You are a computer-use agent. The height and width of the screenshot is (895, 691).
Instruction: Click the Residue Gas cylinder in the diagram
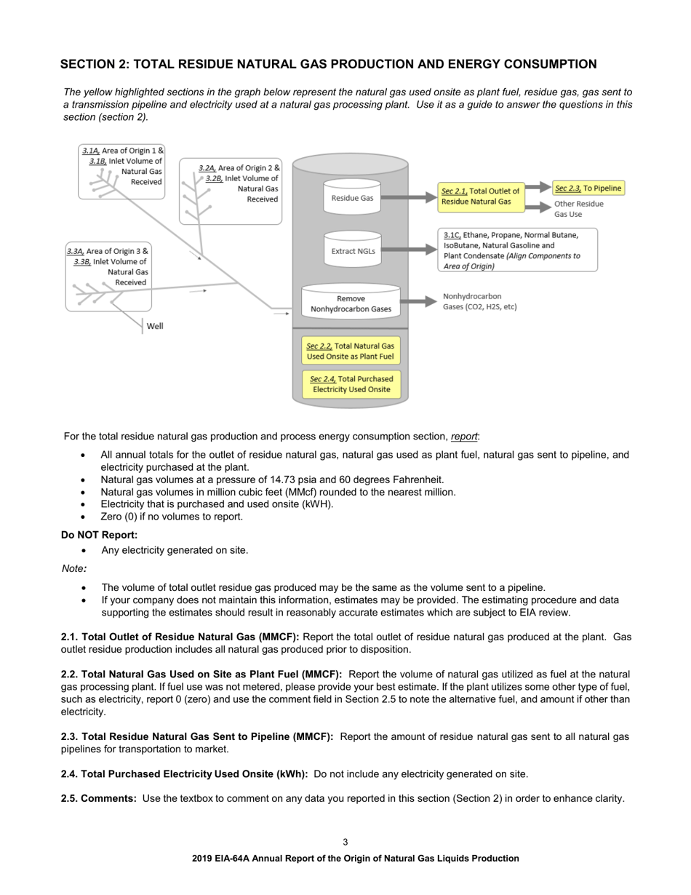(x=352, y=197)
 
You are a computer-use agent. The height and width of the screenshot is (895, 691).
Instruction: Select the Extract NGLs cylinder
(x=352, y=251)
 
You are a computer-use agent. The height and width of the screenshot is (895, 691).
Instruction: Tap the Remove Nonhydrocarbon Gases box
(x=351, y=303)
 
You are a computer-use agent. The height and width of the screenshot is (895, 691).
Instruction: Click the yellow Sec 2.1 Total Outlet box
(x=480, y=196)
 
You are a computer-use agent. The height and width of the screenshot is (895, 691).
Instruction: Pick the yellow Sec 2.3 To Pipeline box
(x=588, y=188)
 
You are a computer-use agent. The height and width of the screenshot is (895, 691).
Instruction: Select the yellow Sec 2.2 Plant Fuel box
(x=351, y=351)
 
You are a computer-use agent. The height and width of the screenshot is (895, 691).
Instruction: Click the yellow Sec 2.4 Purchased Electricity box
(x=351, y=384)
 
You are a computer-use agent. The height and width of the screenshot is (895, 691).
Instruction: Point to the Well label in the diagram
(x=155, y=326)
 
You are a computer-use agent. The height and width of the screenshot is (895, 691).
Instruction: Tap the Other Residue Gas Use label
(x=578, y=210)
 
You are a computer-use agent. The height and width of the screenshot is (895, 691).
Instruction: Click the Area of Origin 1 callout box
(x=122, y=172)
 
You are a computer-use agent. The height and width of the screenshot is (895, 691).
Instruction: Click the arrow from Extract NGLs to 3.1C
(x=409, y=250)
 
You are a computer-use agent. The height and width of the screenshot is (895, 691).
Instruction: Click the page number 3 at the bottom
(x=345, y=842)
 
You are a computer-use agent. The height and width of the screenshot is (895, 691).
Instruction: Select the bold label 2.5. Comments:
(x=99, y=798)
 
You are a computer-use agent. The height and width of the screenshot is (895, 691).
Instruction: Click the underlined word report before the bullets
(x=464, y=437)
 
